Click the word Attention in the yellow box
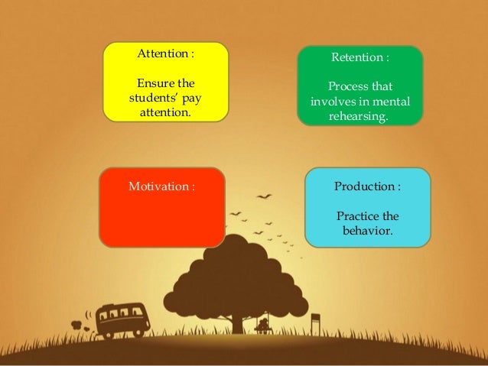pyautogui.click(x=162, y=55)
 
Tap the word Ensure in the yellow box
pyautogui.click(x=151, y=83)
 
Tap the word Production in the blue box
pyautogui.click(x=363, y=186)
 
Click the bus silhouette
pyautogui.click(x=122, y=319)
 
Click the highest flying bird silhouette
pyautogui.click(x=265, y=196)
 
